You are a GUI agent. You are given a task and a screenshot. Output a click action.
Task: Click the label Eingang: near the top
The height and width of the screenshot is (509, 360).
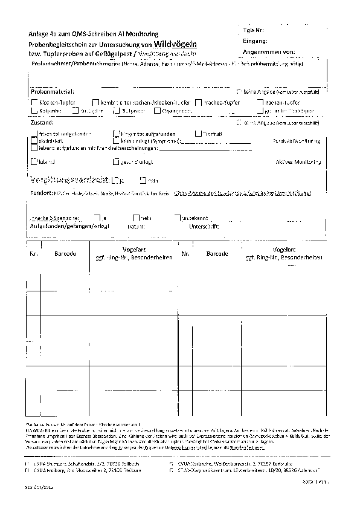click(256, 41)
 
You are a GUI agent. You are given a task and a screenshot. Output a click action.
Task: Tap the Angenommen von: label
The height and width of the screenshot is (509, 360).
click(268, 53)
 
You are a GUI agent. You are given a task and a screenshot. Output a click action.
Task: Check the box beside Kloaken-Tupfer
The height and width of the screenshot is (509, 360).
click(33, 103)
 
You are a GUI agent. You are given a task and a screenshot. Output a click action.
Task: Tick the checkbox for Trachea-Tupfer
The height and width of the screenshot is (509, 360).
click(199, 103)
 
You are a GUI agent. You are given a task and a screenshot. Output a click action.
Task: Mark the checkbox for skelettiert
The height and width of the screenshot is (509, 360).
click(33, 140)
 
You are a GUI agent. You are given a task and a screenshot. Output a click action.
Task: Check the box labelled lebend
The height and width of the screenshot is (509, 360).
click(33, 162)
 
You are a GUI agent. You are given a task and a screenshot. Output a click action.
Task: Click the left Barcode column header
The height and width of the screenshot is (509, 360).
click(65, 254)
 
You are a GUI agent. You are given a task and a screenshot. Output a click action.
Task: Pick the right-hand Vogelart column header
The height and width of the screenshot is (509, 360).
click(283, 249)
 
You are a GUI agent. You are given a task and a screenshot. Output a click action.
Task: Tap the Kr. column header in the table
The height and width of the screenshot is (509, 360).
click(34, 254)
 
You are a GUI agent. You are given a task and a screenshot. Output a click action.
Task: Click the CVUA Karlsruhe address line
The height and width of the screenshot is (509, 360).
click(236, 463)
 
